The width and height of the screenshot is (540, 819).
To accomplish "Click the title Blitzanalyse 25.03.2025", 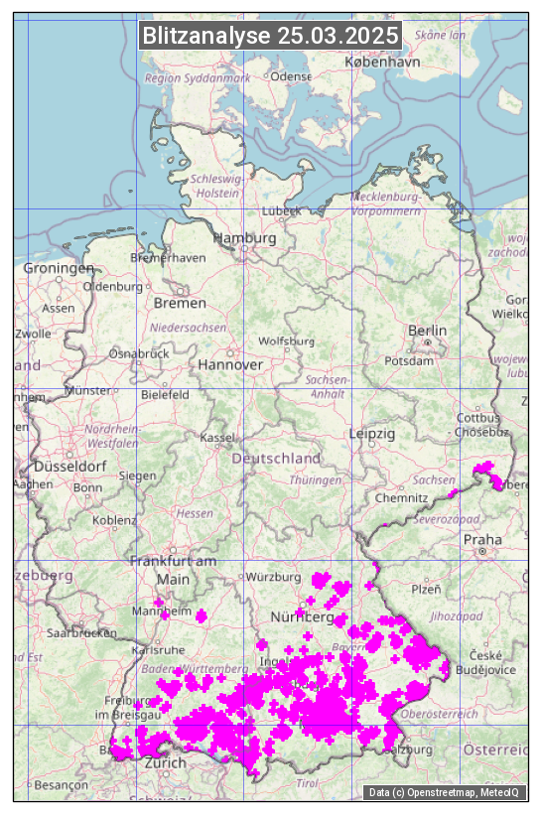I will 270,36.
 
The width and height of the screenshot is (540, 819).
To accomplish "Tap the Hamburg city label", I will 244,238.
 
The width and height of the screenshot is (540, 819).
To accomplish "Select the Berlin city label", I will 427,330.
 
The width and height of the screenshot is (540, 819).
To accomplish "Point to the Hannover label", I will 230,364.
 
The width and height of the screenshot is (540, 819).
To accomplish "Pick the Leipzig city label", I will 372,434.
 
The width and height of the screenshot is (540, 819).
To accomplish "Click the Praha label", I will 482,539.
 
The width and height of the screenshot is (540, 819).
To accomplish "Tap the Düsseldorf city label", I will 69,466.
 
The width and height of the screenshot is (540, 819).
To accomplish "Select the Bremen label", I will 180,302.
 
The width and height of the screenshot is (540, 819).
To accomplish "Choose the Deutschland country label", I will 276,459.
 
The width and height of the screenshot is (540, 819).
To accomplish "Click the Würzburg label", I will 274,577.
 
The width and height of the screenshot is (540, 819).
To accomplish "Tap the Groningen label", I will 58,268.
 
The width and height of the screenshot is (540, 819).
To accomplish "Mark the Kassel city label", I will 216,437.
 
